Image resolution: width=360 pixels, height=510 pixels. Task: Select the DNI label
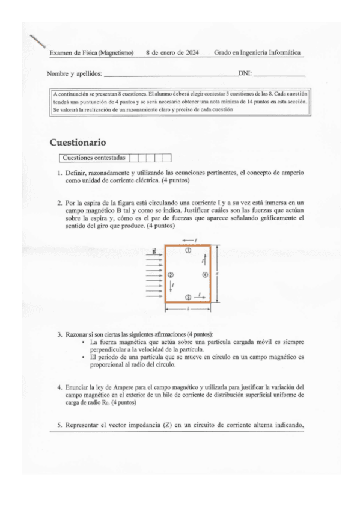coord(245,74)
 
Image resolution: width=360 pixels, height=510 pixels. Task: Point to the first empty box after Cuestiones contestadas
coord(134,158)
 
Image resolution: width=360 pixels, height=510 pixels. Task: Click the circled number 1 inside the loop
coord(188,250)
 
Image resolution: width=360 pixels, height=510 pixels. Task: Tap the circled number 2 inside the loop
coord(170,274)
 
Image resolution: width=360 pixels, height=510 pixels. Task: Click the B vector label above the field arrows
coord(154,251)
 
